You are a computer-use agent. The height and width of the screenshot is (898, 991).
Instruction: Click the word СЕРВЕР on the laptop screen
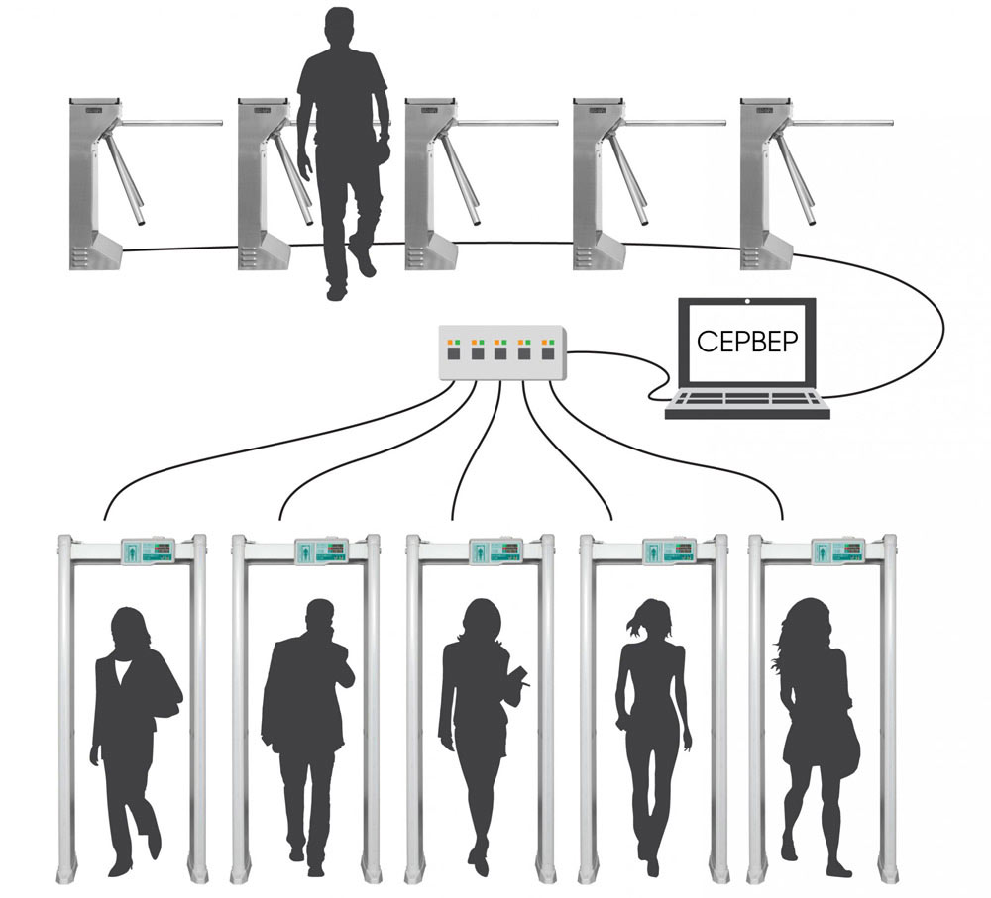tap(747, 341)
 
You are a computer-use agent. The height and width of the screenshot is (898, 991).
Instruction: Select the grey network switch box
tap(502, 352)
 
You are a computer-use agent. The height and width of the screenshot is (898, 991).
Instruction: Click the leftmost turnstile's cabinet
tap(95, 184)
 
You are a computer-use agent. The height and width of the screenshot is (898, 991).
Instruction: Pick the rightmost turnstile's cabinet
tap(767, 184)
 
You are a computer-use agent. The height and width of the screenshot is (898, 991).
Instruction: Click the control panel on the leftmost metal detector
tap(148, 550)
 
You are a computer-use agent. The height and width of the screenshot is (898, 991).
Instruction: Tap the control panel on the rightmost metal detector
tap(838, 550)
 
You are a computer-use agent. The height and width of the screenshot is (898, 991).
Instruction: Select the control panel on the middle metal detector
tap(496, 550)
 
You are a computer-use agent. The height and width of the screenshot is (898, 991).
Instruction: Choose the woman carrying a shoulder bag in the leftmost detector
tap(136, 742)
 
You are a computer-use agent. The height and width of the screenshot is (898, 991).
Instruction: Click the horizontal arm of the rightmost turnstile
tap(841, 123)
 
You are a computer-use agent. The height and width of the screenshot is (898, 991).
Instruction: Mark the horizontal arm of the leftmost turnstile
tap(170, 123)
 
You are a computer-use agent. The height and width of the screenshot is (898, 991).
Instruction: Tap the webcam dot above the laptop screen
tap(747, 301)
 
